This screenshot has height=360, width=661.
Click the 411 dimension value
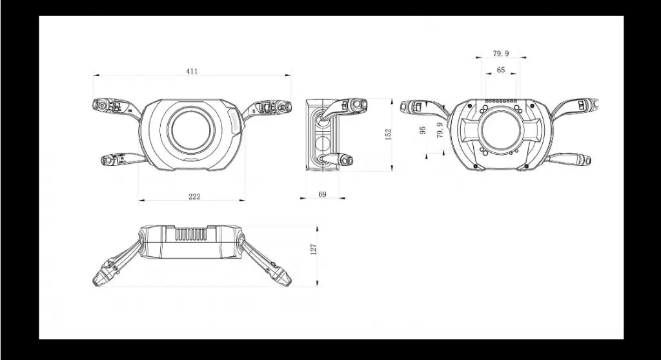coord(192,71)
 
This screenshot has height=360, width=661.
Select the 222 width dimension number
coord(194,196)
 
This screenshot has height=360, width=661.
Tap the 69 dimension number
coord(322,194)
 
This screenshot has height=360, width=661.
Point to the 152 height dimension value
coord(388,134)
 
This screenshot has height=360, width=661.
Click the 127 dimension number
coord(313,249)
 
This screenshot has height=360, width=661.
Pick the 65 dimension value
coord(501,70)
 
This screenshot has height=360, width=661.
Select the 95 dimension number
coord(423,130)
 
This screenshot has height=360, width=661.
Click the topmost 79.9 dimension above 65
coord(501,54)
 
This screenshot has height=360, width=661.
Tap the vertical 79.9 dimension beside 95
coord(440,130)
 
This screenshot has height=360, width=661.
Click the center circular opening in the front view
coord(191,128)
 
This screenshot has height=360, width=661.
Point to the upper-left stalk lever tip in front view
coord(99,104)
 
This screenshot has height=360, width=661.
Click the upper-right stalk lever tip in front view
coord(284,105)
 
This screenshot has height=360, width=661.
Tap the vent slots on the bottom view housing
coord(190,235)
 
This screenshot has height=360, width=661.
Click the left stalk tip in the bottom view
coord(99,279)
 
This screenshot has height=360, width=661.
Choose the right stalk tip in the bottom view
coord(285,279)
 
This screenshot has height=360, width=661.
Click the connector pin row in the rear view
coord(501,101)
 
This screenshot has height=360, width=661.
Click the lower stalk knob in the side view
coord(347,160)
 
